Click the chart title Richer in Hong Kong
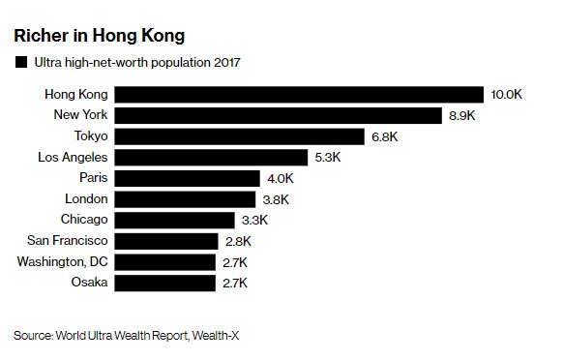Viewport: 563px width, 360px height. [x=99, y=37]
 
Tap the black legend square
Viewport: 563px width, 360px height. [x=20, y=64]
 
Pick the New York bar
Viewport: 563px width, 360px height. [x=281, y=115]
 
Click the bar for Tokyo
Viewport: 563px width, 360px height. [x=241, y=136]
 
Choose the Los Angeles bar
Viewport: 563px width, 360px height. [x=212, y=157]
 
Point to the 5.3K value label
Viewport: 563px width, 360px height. [x=327, y=157]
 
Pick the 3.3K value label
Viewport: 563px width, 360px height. [x=253, y=220]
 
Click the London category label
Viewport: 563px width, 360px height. [x=84, y=198]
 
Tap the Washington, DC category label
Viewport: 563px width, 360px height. [x=61, y=261]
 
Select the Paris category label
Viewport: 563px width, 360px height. [x=93, y=178]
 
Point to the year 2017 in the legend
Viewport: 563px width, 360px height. [x=225, y=64]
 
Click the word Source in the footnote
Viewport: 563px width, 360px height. [x=31, y=336]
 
